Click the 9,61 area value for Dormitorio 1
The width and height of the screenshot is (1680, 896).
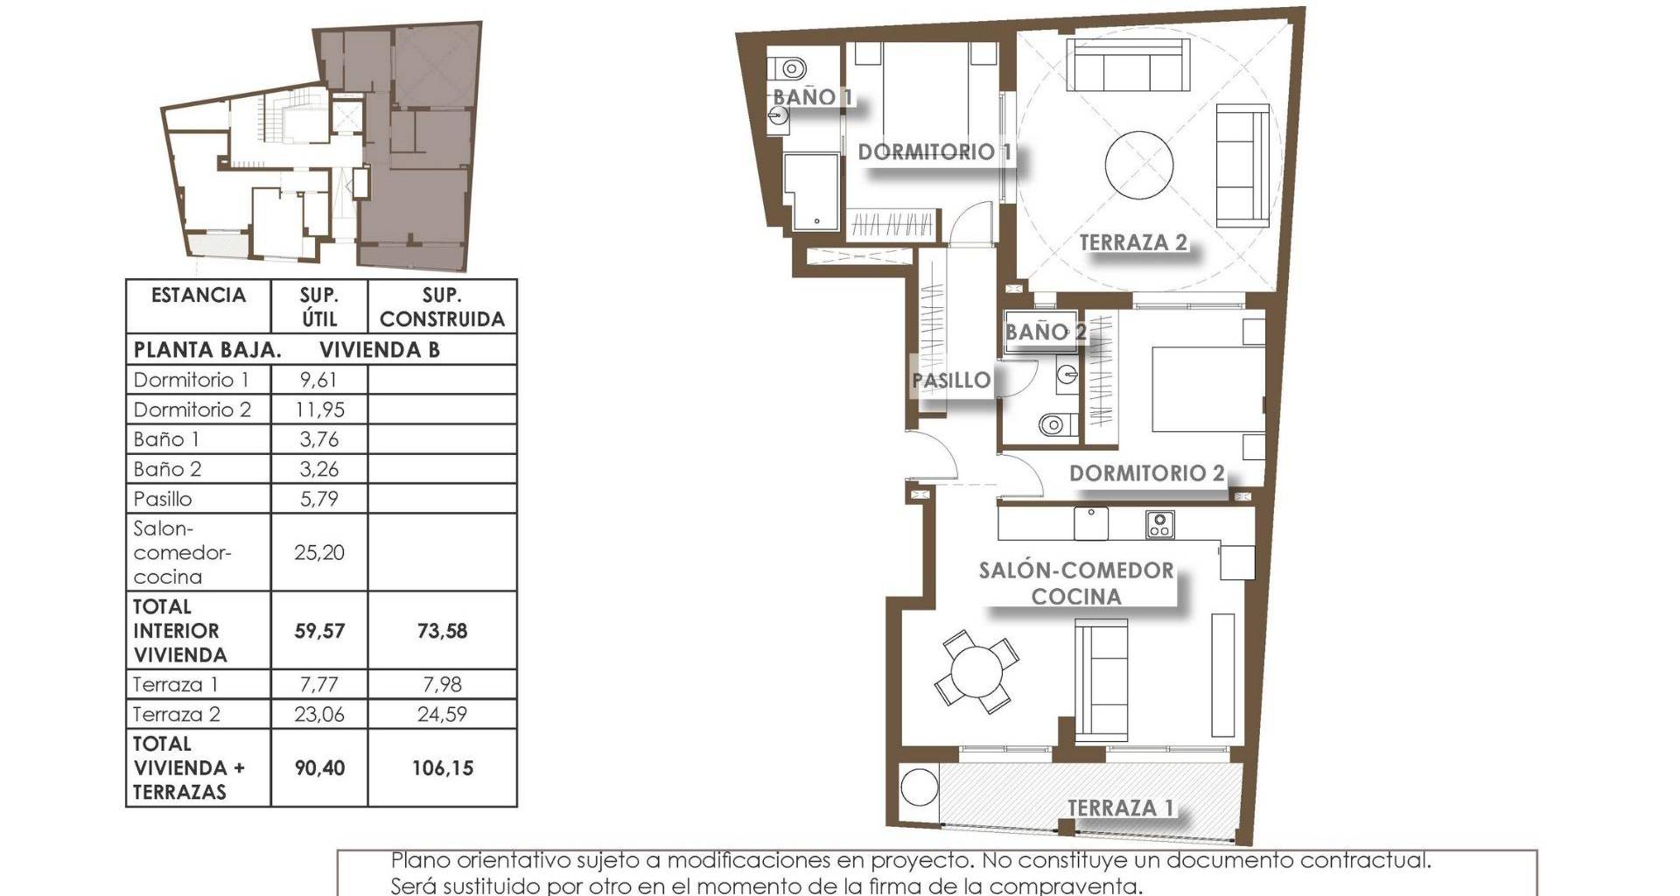point(318,380)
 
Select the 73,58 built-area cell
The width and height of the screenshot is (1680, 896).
point(442,631)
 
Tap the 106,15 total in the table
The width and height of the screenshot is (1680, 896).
point(442,768)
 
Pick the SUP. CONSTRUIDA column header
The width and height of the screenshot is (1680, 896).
point(442,307)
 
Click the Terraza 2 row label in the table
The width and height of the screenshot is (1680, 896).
point(176,714)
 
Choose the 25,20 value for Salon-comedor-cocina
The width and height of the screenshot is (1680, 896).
point(318,552)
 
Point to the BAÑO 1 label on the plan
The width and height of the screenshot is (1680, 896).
point(812,97)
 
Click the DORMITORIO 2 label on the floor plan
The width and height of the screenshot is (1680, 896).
point(1146,473)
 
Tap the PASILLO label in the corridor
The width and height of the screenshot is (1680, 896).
point(951,381)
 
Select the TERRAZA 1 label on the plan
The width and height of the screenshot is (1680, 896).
point(1120,808)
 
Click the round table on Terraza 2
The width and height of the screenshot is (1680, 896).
point(1139,166)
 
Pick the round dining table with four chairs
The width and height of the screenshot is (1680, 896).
point(976,672)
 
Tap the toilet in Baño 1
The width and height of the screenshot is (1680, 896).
point(790,68)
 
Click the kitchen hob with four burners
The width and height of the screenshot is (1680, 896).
point(1159,525)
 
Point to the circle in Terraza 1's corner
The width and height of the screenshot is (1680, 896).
point(920,787)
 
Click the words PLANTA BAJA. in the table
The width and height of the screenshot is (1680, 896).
point(207,350)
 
